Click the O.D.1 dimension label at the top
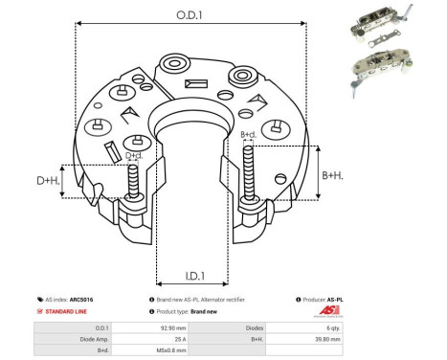coord(188,14)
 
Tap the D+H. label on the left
coord(48,180)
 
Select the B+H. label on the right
coord(332,175)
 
